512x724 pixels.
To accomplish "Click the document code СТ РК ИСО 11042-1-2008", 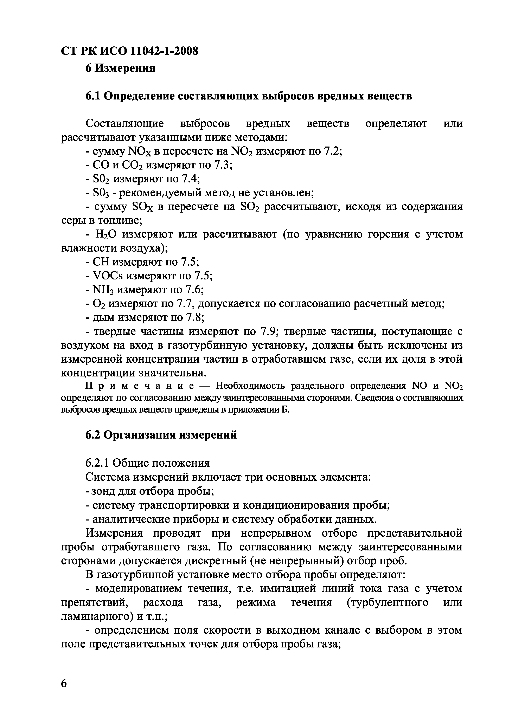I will tap(129, 51).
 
